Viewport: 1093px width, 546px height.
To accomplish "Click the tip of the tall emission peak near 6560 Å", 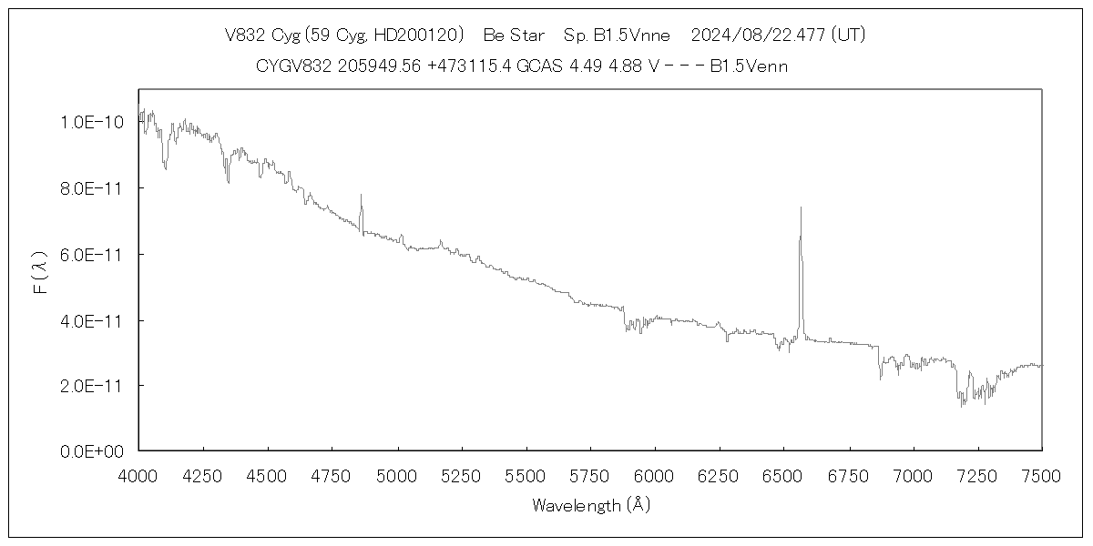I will pyautogui.click(x=801, y=208).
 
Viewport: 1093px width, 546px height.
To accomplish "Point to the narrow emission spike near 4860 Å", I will pyautogui.click(x=361, y=196).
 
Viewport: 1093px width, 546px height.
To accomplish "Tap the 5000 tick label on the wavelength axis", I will pyautogui.click(x=396, y=475).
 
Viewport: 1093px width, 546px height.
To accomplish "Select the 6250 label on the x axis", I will pyautogui.click(x=719, y=475).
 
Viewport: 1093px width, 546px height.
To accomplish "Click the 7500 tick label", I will pyautogui.click(x=1041, y=475).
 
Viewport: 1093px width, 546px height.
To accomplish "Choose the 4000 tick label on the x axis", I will pyautogui.click(x=138, y=475).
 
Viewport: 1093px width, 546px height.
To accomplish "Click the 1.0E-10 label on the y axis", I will pyautogui.click(x=85, y=121).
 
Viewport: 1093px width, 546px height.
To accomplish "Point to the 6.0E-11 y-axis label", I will pyautogui.click(x=85, y=254).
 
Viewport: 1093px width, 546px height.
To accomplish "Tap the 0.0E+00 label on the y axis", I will pyautogui.click(x=85, y=451).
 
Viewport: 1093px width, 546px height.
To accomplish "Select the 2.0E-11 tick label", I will pyautogui.click(x=85, y=386).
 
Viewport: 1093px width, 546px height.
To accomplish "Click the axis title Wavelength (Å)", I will pyautogui.click(x=591, y=505).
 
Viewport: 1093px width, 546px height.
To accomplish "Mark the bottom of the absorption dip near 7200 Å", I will pyautogui.click(x=963, y=405).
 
